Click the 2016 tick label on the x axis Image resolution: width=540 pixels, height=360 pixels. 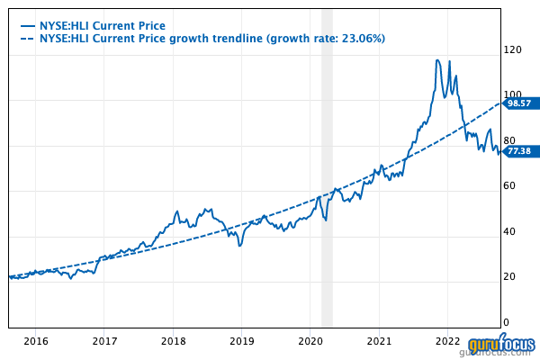pyautogui.click(x=35, y=342)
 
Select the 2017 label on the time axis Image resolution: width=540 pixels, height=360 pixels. pyautogui.click(x=104, y=342)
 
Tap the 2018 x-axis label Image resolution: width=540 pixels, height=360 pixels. pyautogui.click(x=173, y=342)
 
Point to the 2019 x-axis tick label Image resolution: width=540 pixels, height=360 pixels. pyautogui.click(x=241, y=342)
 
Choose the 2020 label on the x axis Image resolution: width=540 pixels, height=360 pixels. pyautogui.click(x=310, y=342)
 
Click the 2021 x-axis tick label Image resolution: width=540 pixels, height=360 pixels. pyautogui.click(x=379, y=342)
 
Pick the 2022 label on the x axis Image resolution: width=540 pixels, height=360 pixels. pyautogui.click(x=448, y=342)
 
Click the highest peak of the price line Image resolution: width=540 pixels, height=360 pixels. pyautogui.click(x=437, y=60)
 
